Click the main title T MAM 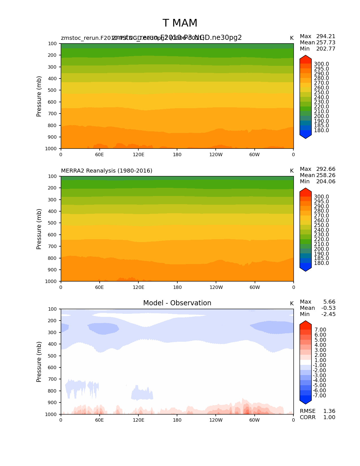tap(180, 23)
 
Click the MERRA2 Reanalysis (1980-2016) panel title tap(106, 171)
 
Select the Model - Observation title tap(177, 303)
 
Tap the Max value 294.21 tap(326, 36)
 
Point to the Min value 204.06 tap(326, 181)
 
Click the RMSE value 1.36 tap(329, 411)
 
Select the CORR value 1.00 tap(329, 417)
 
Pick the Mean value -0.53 tap(328, 308)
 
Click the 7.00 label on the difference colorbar tap(320, 330)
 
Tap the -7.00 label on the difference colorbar tap(319, 395)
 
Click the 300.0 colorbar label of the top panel tap(321, 64)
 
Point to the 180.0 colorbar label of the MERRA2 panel tap(321, 263)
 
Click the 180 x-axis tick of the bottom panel tap(177, 420)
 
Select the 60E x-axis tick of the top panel tap(99, 154)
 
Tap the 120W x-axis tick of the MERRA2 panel tap(216, 287)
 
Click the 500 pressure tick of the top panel tap(53, 90)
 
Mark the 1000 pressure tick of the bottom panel tap(51, 414)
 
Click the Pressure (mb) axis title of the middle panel tap(39, 229)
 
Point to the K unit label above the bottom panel tap(292, 303)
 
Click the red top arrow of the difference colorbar tap(306, 324)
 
